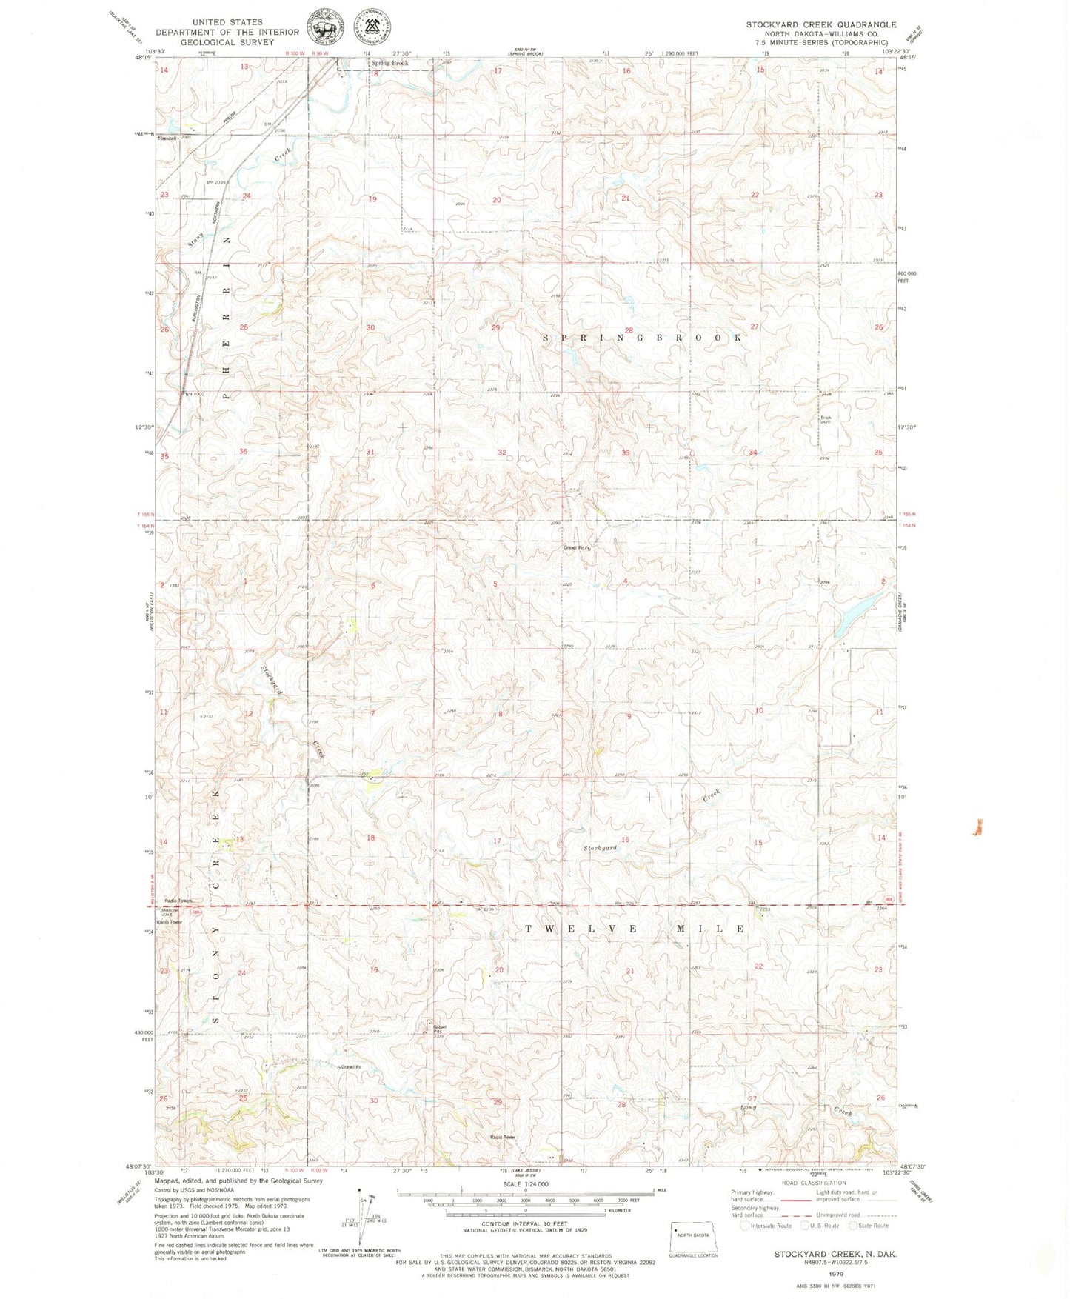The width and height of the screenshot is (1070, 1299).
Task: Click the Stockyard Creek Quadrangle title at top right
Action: coord(820,24)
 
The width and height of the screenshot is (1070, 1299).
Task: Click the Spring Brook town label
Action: coord(389,64)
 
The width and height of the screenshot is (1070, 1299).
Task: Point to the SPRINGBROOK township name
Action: coord(642,338)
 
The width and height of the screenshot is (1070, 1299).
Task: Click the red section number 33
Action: coord(626,453)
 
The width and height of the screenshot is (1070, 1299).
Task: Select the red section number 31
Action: coord(370,452)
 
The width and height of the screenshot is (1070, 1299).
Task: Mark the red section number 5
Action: coord(495,585)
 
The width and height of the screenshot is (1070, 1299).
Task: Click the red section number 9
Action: coord(629,716)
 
